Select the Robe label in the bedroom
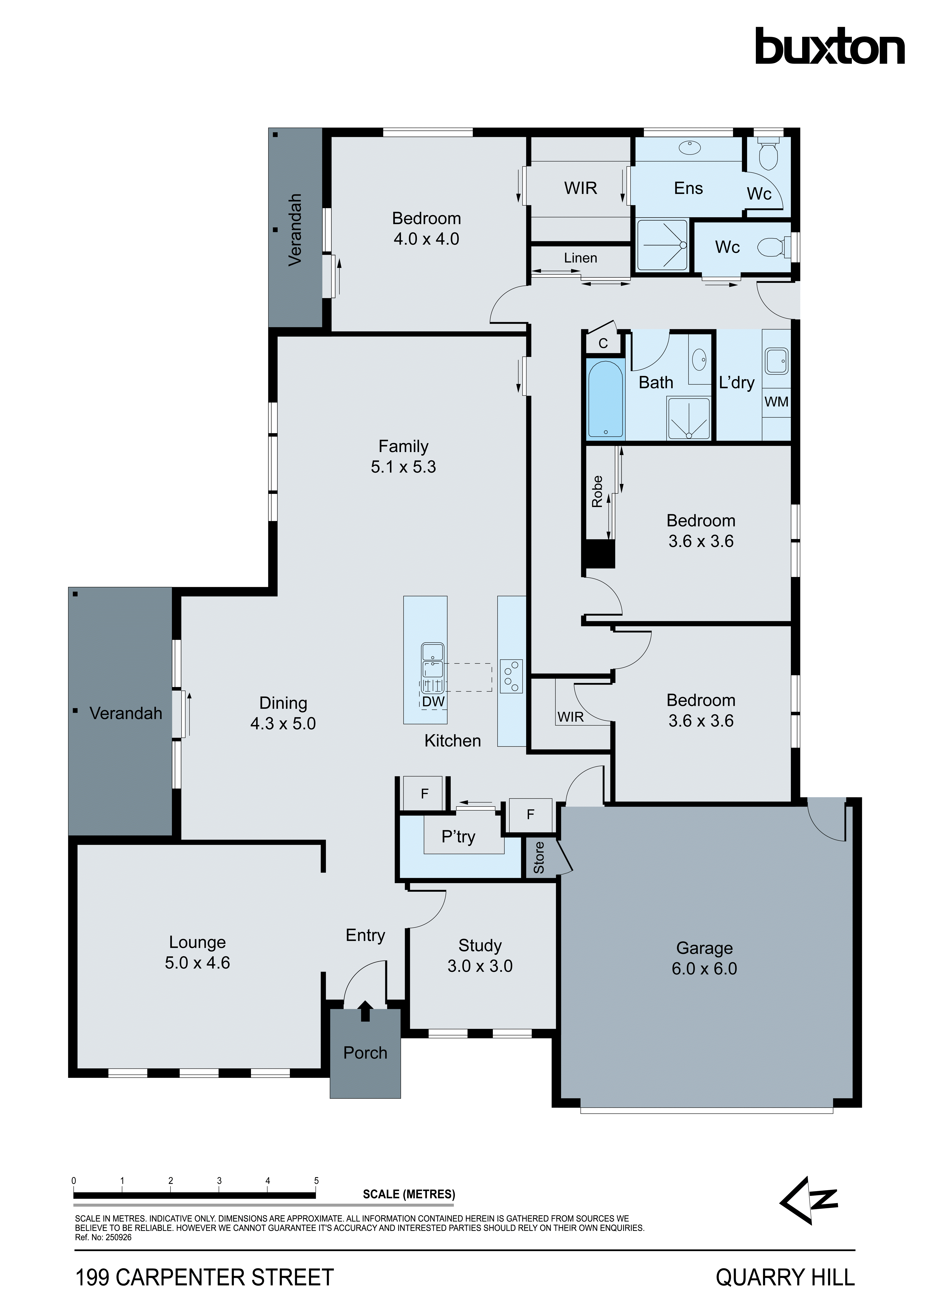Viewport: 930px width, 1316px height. coord(597,491)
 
